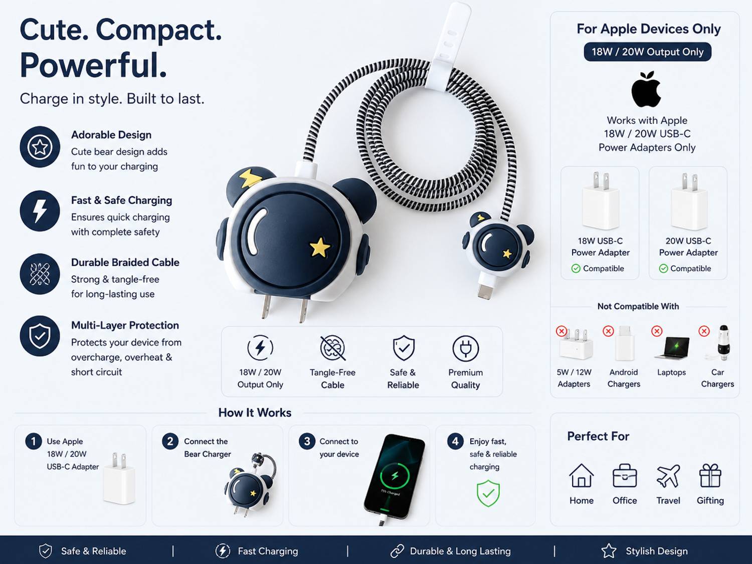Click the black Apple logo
646,89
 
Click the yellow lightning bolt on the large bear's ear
252,177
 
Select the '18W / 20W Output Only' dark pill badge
648,52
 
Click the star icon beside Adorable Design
40,147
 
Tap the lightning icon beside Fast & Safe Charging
40,211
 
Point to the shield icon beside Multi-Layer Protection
40,336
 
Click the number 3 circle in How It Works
307,441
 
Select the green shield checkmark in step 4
488,493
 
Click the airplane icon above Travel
668,476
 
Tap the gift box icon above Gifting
710,475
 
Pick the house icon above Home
582,475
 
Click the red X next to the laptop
657,331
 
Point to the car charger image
722,343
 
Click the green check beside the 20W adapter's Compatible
663,269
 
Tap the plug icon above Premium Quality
465,348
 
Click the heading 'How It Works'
255,413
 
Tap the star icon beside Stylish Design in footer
609,551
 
